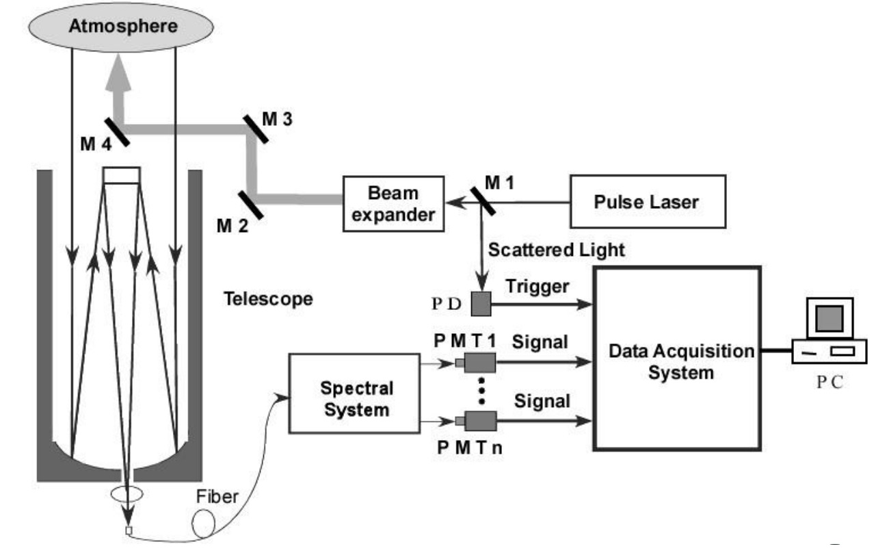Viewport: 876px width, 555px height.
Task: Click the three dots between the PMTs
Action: pyautogui.click(x=481, y=391)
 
